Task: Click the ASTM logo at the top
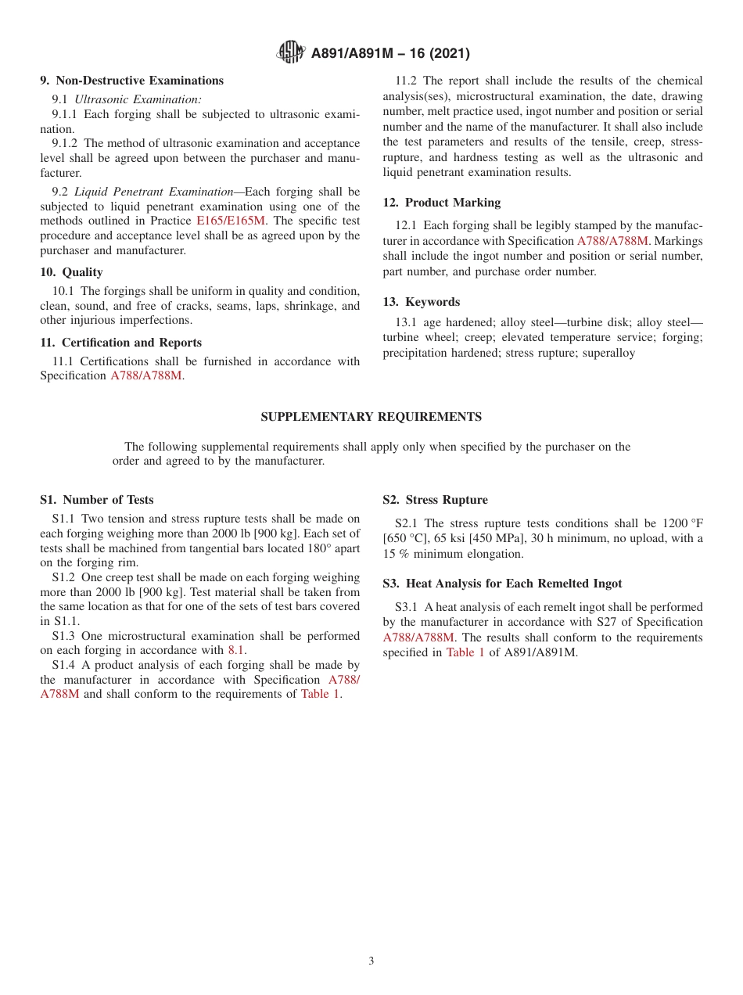tap(291, 53)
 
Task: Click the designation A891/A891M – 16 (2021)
tap(390, 54)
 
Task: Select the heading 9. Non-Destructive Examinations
tap(131, 81)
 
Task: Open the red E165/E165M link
tap(231, 221)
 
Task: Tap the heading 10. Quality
tap(71, 272)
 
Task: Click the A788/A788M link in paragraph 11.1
tap(146, 376)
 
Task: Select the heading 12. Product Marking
tap(441, 203)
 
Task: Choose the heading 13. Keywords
tap(421, 302)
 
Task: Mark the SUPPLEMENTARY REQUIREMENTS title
tap(371, 417)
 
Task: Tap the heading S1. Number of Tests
tap(96, 500)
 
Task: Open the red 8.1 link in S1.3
tap(236, 650)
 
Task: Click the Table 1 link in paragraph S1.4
tap(320, 694)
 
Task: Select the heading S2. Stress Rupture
tap(435, 500)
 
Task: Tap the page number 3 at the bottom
tap(371, 961)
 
